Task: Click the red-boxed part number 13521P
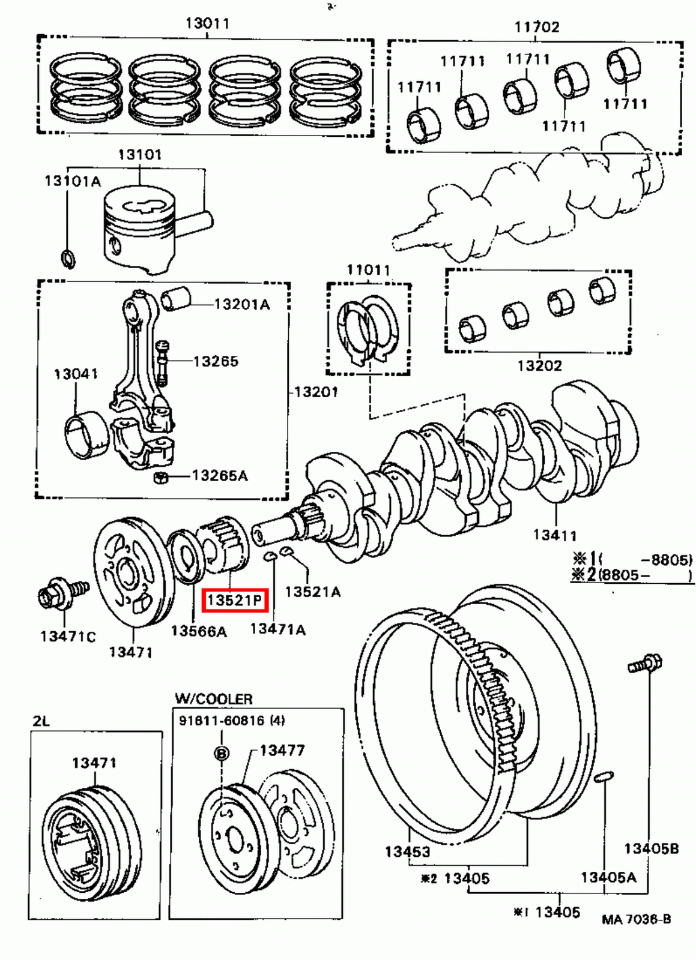pyautogui.click(x=234, y=599)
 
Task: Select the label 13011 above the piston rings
pyautogui.click(x=207, y=23)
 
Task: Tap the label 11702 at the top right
pyautogui.click(x=536, y=27)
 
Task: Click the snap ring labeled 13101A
pyautogui.click(x=68, y=258)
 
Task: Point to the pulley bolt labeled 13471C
pyautogui.click(x=60, y=594)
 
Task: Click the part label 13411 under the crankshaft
pyautogui.click(x=554, y=534)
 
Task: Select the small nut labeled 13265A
pyautogui.click(x=160, y=478)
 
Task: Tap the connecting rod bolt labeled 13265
pyautogui.click(x=163, y=362)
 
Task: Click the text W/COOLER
pyautogui.click(x=213, y=699)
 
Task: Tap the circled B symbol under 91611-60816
pyautogui.click(x=222, y=753)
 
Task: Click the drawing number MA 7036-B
pyautogui.click(x=636, y=919)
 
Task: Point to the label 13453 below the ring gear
pyautogui.click(x=407, y=851)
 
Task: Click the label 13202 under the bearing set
pyautogui.click(x=539, y=365)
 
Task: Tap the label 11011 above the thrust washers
pyautogui.click(x=368, y=270)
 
